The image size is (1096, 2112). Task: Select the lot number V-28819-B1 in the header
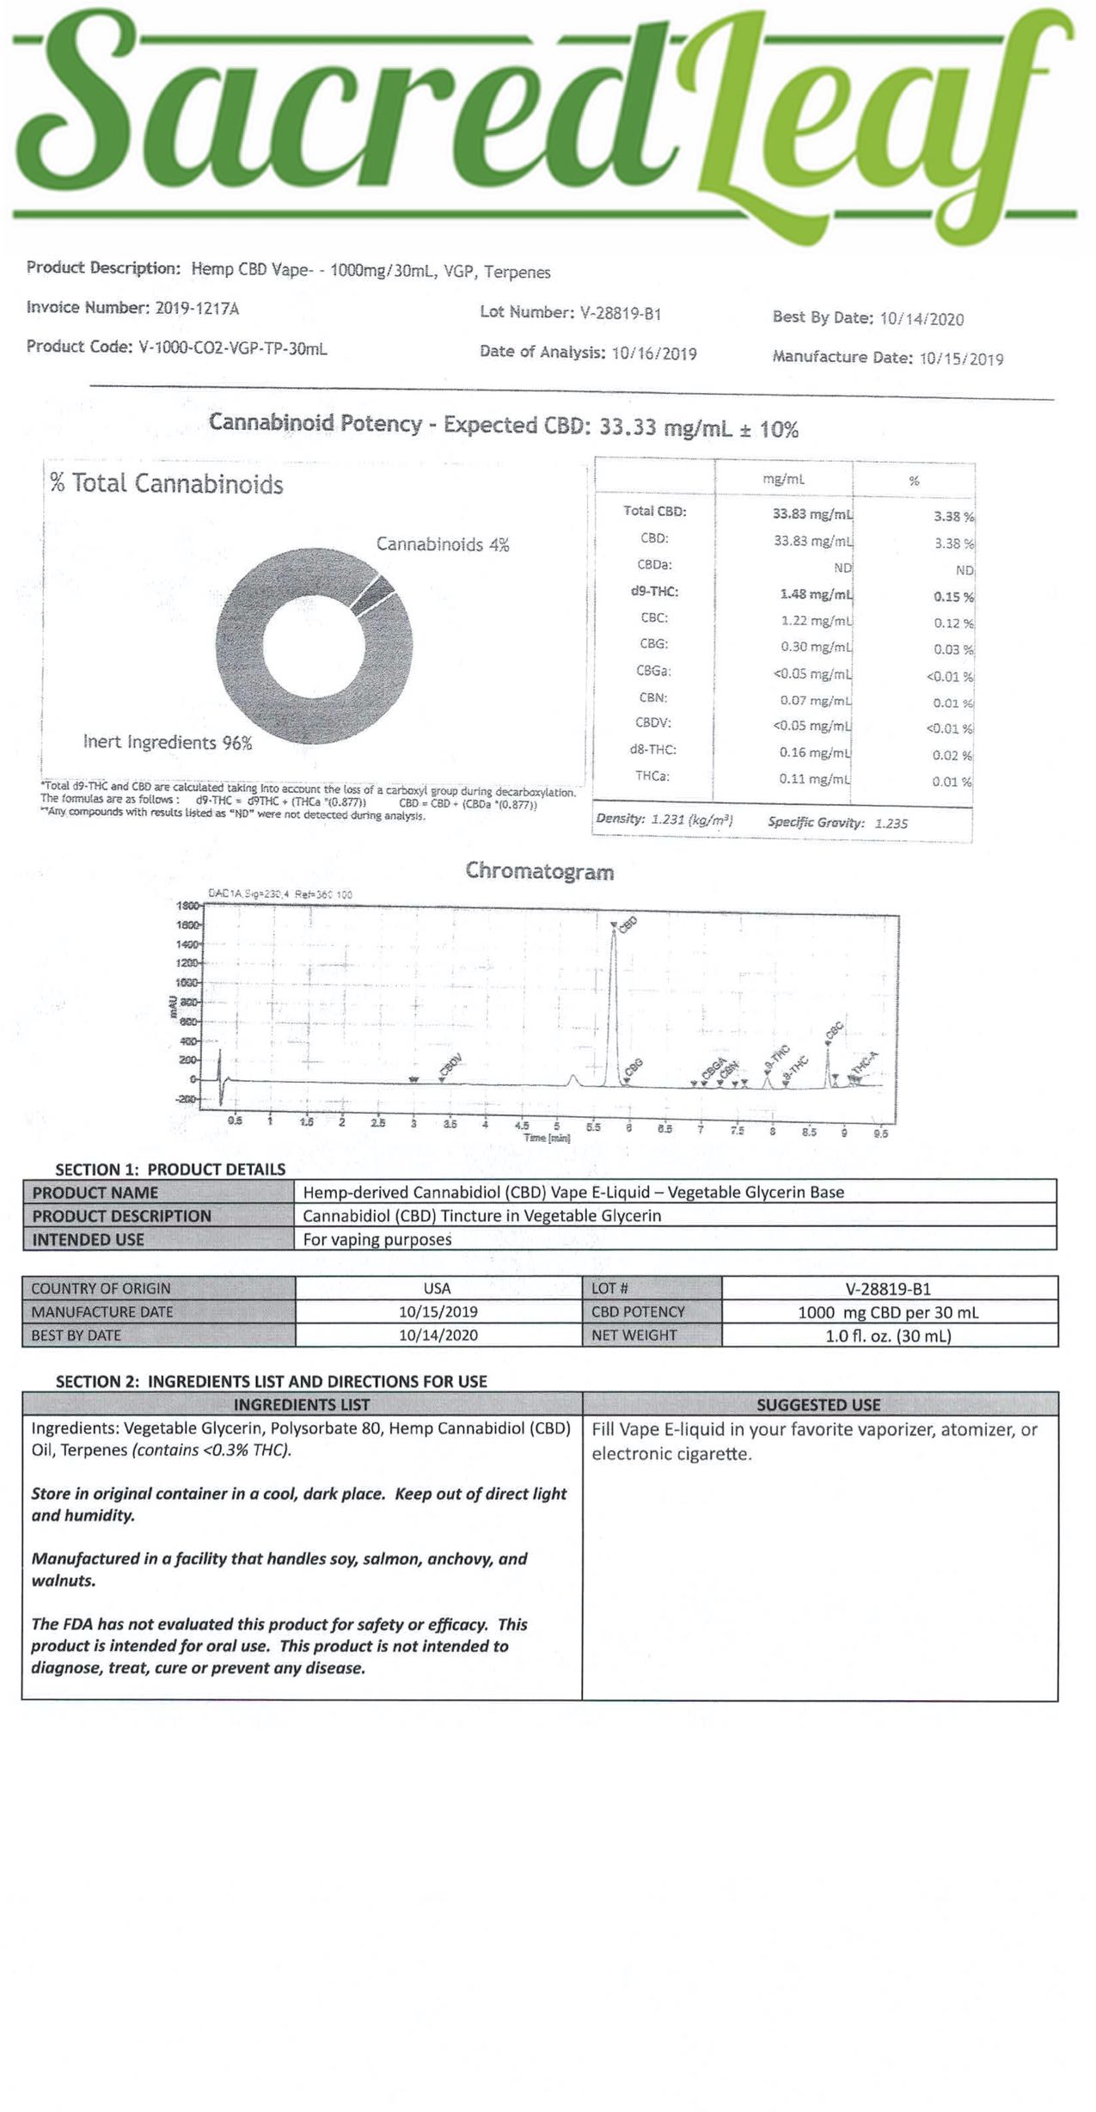point(620,313)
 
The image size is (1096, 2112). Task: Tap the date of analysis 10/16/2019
point(653,353)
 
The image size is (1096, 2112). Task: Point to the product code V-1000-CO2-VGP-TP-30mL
point(233,348)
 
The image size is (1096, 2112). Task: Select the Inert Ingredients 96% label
point(168,742)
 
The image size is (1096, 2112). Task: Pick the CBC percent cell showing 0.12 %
point(953,623)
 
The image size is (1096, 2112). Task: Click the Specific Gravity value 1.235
point(891,823)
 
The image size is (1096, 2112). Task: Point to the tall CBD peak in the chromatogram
point(614,998)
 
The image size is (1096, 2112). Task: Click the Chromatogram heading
point(539,871)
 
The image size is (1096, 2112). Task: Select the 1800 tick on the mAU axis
point(188,906)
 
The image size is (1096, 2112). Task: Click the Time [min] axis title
point(548,1138)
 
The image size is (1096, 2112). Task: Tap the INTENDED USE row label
point(88,1239)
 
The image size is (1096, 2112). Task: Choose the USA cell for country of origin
point(438,1288)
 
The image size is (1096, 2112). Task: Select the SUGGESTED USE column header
point(818,1405)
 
